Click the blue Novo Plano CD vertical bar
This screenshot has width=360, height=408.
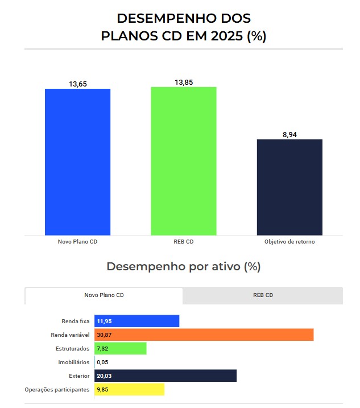[78, 162]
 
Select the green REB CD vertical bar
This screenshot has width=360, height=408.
[183, 160]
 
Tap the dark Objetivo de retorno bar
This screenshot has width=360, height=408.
[289, 187]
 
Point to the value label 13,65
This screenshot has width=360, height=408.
[78, 84]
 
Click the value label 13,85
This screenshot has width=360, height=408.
[184, 82]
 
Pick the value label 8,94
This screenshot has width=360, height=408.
[289, 134]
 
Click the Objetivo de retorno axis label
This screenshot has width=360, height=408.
[289, 242]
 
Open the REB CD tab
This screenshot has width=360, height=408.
[263, 295]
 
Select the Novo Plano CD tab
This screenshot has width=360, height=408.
[104, 295]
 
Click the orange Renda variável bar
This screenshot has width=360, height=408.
[204, 335]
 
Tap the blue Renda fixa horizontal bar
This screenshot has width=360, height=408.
[137, 321]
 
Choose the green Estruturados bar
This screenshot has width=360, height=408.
[121, 348]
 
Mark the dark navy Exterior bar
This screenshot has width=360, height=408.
[165, 376]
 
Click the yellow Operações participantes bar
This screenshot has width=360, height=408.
[130, 389]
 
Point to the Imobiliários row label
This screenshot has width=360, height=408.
[73, 362]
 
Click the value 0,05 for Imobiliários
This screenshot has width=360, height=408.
[103, 362]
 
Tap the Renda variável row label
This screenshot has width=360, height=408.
[71, 335]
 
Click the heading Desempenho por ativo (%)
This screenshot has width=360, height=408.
[183, 266]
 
